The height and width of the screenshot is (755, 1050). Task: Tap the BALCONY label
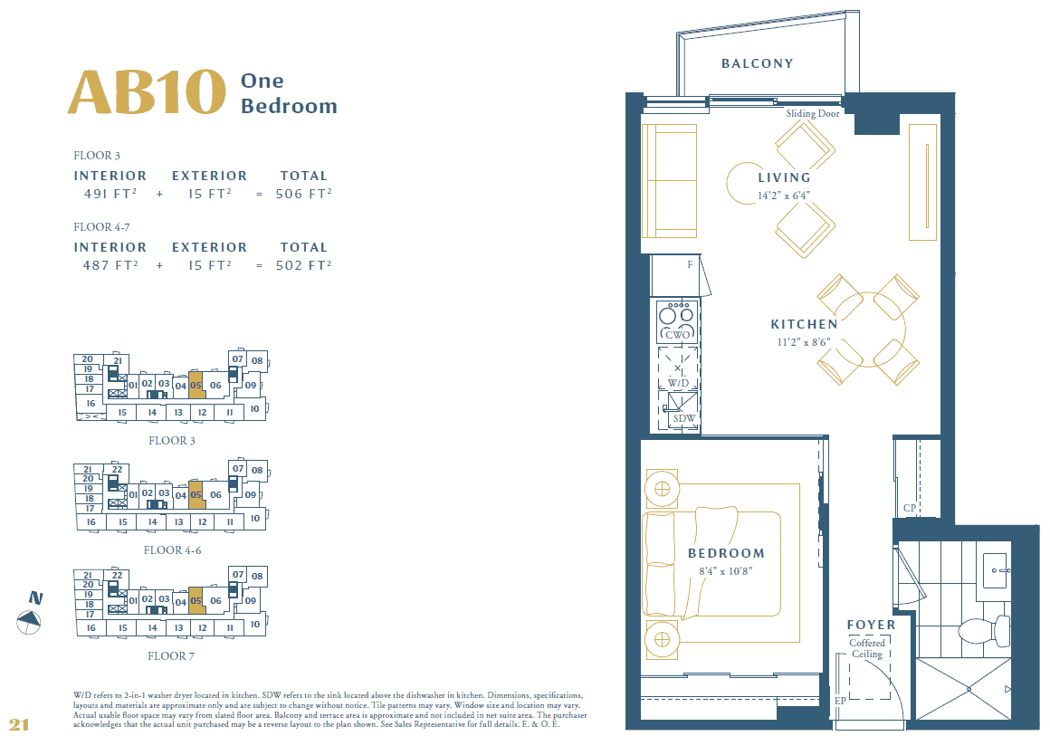coord(757,63)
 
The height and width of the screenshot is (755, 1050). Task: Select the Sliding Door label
coord(812,114)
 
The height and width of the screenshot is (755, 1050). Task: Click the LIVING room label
coord(784,177)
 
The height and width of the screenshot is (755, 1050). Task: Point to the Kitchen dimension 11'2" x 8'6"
coord(804,342)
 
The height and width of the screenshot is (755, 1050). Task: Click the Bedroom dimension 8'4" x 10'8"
coord(725,571)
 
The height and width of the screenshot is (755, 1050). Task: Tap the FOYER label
coord(871,625)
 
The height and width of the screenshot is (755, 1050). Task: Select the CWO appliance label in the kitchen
coord(677,335)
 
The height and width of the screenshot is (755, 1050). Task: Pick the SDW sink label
coord(683,417)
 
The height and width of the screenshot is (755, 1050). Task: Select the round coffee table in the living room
coord(747,185)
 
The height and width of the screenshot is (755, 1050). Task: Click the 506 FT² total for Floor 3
coord(303,193)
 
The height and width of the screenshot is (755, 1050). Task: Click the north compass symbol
coord(30,620)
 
